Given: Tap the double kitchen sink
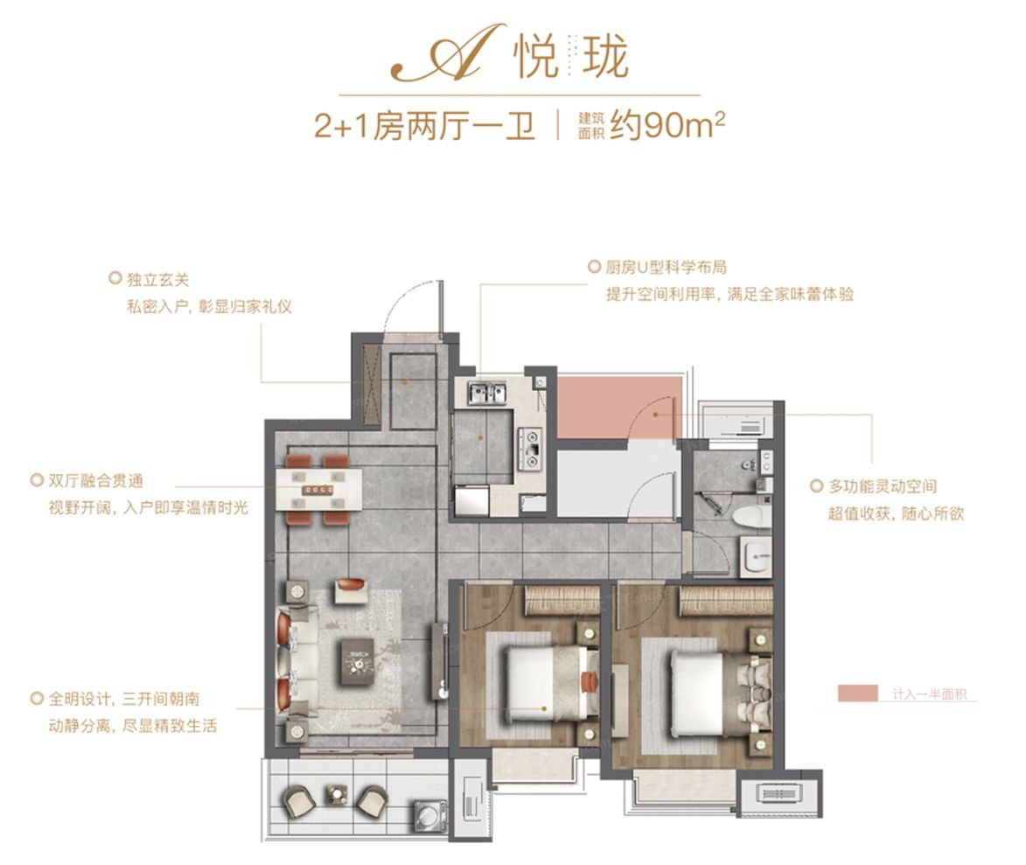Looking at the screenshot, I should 486,393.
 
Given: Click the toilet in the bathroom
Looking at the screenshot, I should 751,515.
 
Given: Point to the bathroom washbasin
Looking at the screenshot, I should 756,556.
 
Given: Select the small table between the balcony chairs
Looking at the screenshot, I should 337,795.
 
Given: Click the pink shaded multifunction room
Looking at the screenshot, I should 617,408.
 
